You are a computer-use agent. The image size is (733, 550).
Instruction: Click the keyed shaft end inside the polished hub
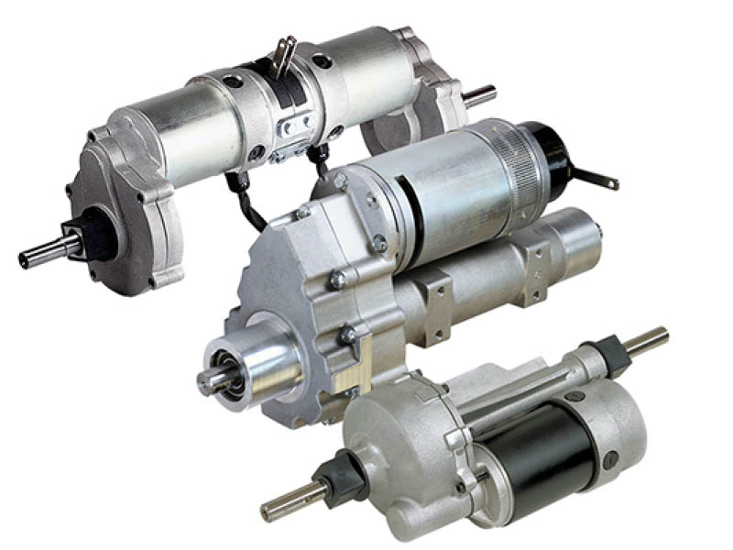213,380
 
